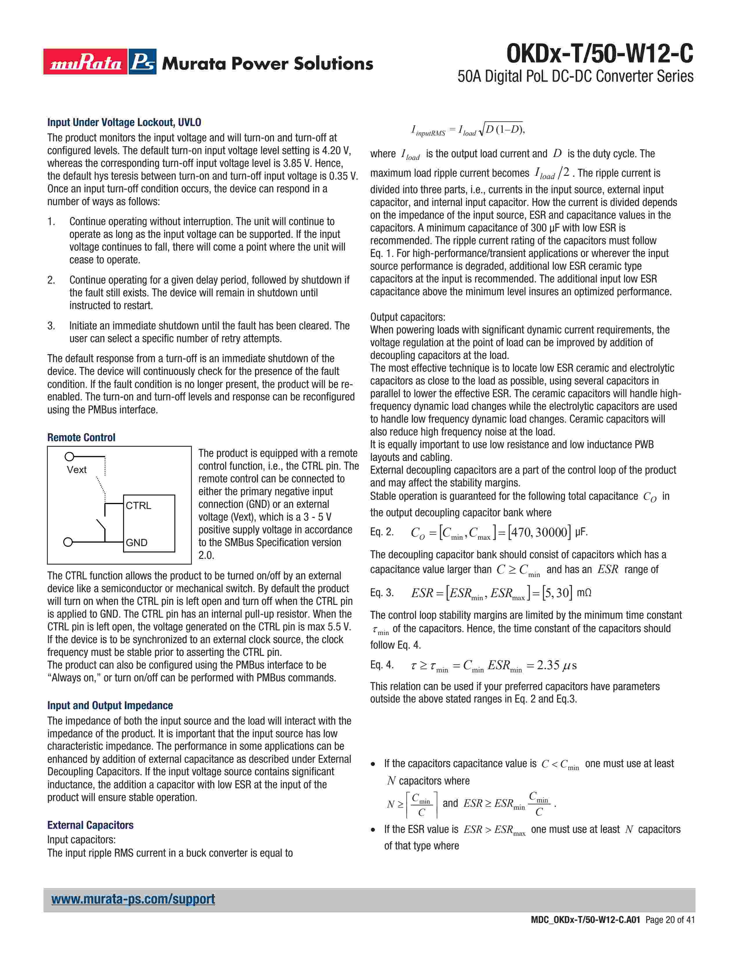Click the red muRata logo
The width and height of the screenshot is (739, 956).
85,62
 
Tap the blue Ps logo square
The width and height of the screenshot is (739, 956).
142,62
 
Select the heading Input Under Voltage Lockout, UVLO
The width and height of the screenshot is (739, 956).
124,122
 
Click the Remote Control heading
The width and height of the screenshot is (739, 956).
81,437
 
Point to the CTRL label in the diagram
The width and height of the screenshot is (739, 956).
138,506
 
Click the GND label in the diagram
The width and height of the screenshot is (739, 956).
136,542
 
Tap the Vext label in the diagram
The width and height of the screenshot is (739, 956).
77,470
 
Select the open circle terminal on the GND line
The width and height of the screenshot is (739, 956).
68,542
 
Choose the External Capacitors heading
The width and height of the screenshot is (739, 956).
90,825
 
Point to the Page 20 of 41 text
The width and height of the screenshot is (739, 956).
670,932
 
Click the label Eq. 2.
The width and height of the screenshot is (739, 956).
382,532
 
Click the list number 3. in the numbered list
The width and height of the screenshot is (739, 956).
51,326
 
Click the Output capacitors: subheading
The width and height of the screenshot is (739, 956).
407,317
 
